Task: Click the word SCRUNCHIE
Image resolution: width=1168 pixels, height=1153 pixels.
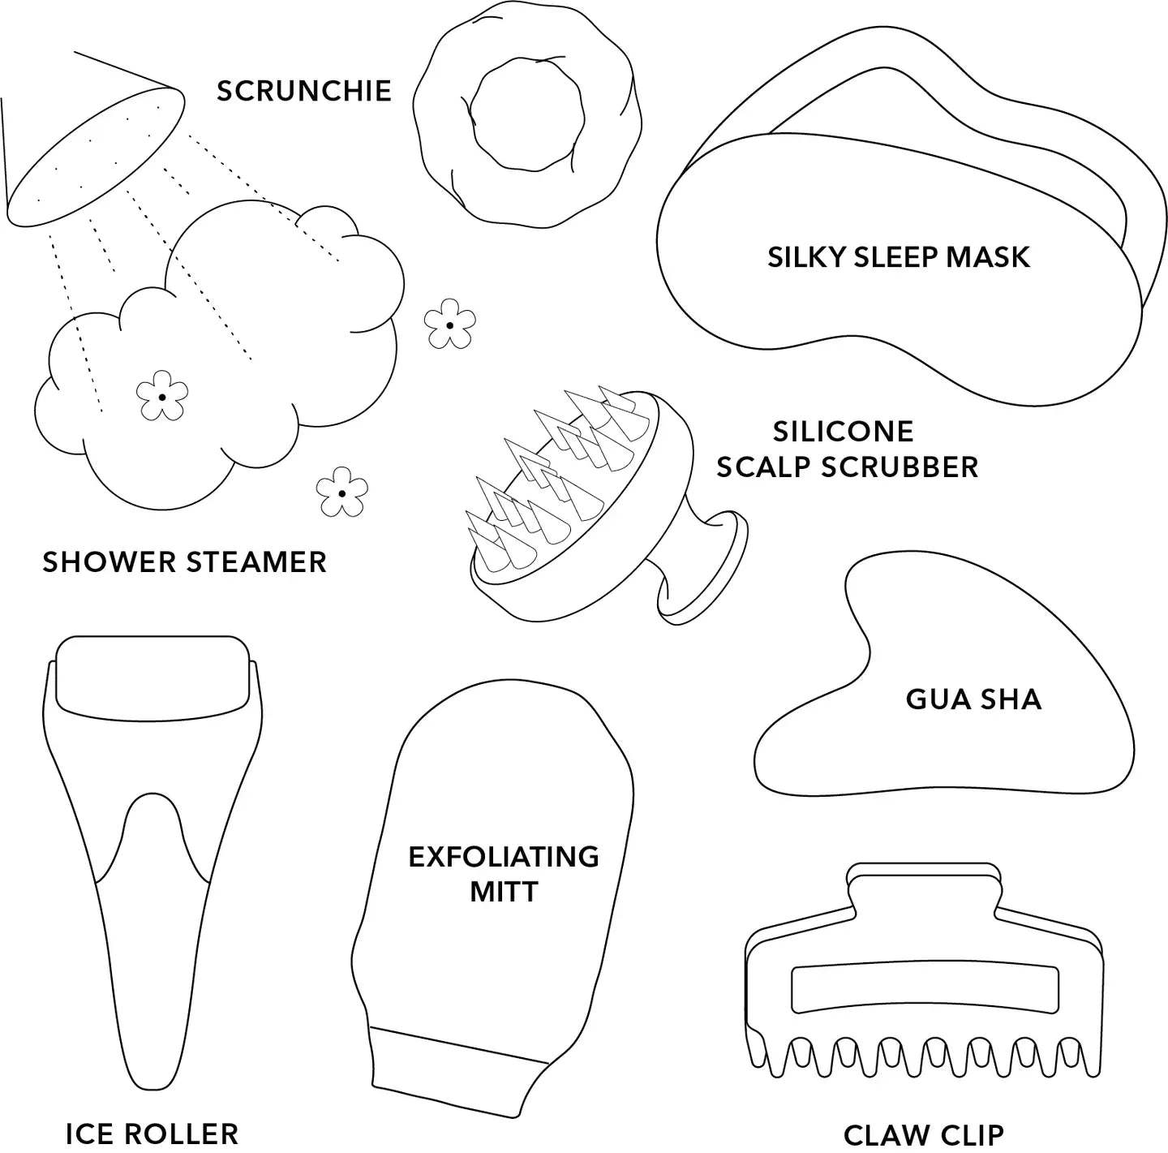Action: click(x=303, y=91)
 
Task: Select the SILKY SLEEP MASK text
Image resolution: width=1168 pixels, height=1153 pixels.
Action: click(x=898, y=256)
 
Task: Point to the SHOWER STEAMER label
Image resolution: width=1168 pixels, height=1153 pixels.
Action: click(x=184, y=561)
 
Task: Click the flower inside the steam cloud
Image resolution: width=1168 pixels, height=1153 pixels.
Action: click(x=162, y=395)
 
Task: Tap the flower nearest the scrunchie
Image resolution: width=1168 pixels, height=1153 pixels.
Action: click(x=449, y=324)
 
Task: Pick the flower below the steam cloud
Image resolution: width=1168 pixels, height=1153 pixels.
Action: click(x=341, y=492)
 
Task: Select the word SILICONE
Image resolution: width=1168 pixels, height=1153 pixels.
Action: click(x=843, y=432)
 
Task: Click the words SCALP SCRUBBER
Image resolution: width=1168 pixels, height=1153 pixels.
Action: click(x=848, y=467)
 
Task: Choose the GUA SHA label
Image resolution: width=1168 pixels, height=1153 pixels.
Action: click(x=973, y=699)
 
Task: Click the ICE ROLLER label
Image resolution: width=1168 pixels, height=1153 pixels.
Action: click(x=152, y=1134)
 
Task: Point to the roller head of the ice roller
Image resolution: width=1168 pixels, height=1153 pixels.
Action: click(x=152, y=679)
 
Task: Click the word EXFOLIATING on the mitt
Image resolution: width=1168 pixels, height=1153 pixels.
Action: click(x=504, y=857)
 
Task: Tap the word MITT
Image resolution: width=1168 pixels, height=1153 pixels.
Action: click(x=504, y=893)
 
